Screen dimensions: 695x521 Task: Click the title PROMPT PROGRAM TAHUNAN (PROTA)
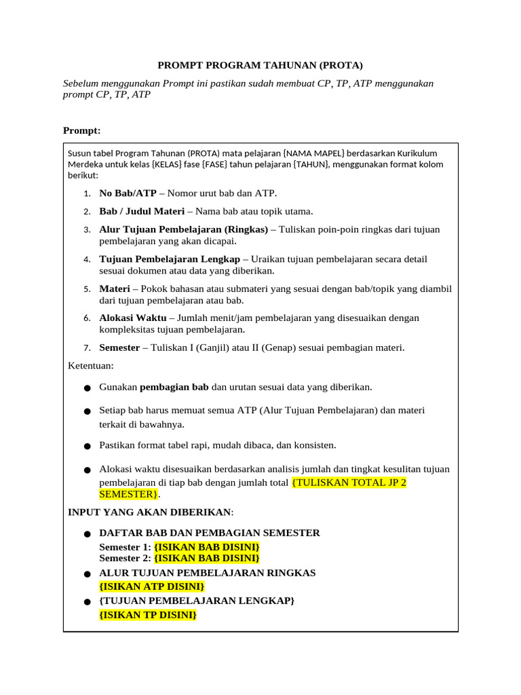point(260,65)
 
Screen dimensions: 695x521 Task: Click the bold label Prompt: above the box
point(81,130)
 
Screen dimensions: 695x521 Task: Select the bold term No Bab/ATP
point(128,193)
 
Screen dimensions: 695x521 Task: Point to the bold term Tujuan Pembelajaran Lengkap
point(170,259)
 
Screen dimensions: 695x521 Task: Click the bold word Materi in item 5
point(115,288)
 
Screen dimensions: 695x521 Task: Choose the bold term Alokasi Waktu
point(133,318)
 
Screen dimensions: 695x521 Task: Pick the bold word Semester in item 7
point(119,347)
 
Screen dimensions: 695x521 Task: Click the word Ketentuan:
point(91,366)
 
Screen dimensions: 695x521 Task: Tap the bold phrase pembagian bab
point(174,387)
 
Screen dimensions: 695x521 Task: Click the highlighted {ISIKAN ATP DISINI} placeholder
point(151,586)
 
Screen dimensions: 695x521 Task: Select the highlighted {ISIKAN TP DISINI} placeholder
point(148,615)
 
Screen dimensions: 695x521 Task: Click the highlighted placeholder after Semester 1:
point(207,546)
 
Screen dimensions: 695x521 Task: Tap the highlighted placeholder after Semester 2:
point(207,558)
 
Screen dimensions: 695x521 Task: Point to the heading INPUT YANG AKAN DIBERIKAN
point(149,512)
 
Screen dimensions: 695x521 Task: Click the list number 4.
point(88,259)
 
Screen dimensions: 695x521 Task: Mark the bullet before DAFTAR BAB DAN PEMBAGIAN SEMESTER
point(87,534)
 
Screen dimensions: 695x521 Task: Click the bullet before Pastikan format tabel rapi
point(87,447)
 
